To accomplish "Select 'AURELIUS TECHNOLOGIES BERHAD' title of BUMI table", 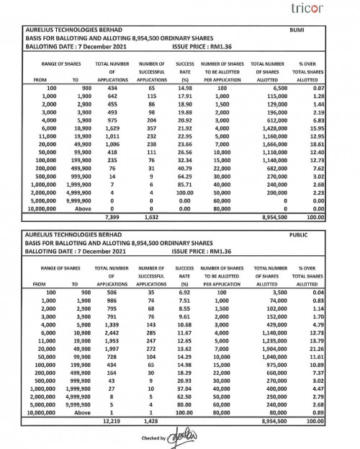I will [61, 30].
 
